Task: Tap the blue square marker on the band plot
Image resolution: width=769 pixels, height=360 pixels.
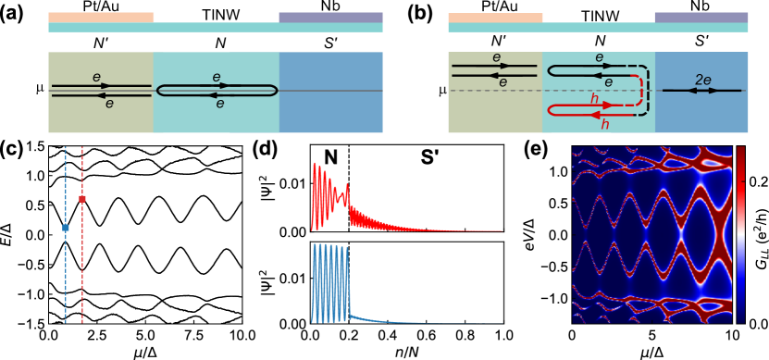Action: click(x=65, y=228)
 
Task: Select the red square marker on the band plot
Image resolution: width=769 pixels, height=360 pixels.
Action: click(x=82, y=199)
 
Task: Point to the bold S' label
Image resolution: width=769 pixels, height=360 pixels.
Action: click(x=430, y=158)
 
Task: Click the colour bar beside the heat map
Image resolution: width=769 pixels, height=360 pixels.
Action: click(x=740, y=233)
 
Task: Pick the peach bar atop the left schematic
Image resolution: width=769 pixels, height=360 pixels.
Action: click(x=101, y=17)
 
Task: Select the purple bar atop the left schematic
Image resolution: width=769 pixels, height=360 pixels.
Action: click(x=330, y=17)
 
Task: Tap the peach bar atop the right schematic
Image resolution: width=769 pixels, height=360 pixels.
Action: click(x=495, y=17)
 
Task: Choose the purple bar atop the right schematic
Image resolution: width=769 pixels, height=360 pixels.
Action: click(x=701, y=17)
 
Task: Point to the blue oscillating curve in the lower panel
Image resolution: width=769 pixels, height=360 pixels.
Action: click(x=329, y=278)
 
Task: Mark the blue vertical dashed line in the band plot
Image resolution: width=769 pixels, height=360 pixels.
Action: click(x=65, y=278)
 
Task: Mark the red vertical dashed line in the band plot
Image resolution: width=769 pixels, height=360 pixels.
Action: click(x=82, y=278)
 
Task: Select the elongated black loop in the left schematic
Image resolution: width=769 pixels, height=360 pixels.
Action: click(x=217, y=90)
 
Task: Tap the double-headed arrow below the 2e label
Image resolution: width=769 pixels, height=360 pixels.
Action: click(x=703, y=91)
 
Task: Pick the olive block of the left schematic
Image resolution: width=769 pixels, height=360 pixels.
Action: click(x=101, y=111)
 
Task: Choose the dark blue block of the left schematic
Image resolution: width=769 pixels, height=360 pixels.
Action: click(x=330, y=111)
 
